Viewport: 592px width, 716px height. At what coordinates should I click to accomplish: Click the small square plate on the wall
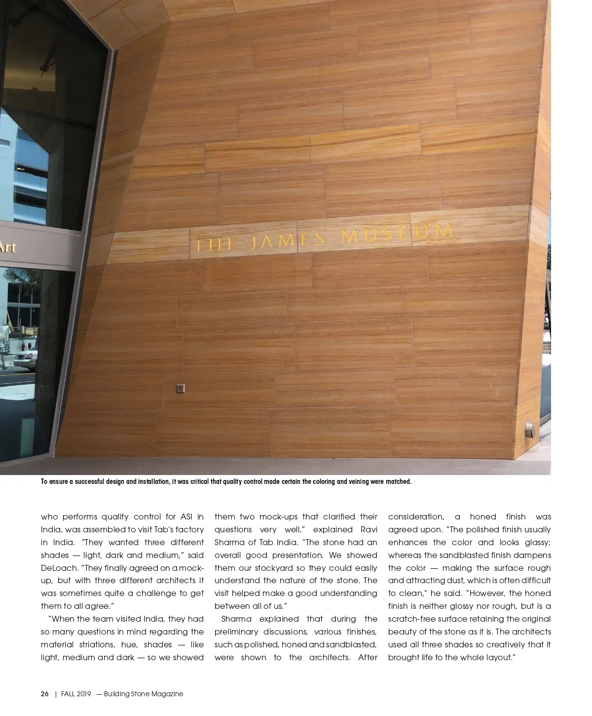180,389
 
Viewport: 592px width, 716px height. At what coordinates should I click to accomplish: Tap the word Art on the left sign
7,247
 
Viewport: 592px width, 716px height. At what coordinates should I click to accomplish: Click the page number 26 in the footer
44,694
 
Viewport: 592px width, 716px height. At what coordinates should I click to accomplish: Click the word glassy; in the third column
537,542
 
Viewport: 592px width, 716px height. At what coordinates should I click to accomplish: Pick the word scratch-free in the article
413,619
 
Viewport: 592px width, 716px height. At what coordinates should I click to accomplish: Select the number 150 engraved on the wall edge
535,297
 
